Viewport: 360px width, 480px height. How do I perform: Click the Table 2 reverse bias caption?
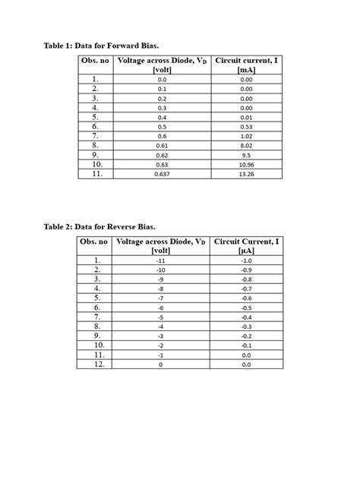[x=99, y=226]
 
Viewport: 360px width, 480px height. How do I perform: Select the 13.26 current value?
[x=246, y=174]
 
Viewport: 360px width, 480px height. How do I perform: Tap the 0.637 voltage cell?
[x=161, y=174]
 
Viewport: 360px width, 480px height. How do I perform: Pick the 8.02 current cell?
[x=246, y=145]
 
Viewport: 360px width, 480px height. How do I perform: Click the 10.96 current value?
[x=246, y=164]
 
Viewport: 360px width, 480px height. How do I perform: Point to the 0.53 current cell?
[x=246, y=126]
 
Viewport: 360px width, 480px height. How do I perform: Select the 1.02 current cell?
[x=246, y=136]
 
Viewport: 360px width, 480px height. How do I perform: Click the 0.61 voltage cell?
[x=161, y=145]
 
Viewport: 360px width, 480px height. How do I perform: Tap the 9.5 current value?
[x=246, y=155]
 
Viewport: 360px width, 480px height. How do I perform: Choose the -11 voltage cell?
[x=161, y=261]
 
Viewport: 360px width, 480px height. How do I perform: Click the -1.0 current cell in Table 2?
[x=246, y=261]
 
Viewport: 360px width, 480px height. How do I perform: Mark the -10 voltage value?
[x=161, y=270]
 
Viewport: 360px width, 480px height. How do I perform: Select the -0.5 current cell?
[x=246, y=308]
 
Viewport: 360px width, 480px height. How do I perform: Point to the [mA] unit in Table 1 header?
[x=246, y=70]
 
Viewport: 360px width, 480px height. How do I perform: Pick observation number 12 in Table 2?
[x=96, y=365]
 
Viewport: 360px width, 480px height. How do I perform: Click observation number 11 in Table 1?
[x=96, y=174]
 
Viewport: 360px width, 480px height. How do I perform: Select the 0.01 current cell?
[x=246, y=117]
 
